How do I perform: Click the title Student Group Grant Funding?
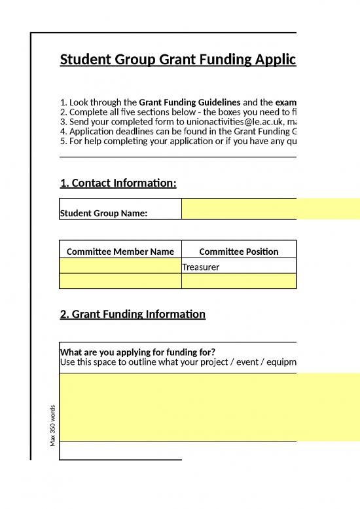pyautogui.click(x=177, y=60)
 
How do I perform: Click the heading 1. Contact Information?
pyautogui.click(x=118, y=183)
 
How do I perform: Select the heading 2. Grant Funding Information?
pyautogui.click(x=132, y=314)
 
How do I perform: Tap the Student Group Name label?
pyautogui.click(x=103, y=213)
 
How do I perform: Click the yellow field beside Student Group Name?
pyautogui.click(x=270, y=209)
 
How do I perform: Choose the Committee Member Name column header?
pyautogui.click(x=120, y=252)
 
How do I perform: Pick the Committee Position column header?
pyautogui.click(x=238, y=252)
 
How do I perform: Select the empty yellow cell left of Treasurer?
pyautogui.click(x=120, y=266)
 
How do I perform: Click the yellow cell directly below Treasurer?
pyautogui.click(x=238, y=281)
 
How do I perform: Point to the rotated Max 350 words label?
pyautogui.click(x=52, y=426)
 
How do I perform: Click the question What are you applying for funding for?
pyautogui.click(x=137, y=352)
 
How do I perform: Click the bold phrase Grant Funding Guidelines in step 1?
pyautogui.click(x=190, y=102)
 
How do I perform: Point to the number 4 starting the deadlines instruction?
pyautogui.click(x=62, y=131)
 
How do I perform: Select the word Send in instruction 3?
pyautogui.click(x=79, y=122)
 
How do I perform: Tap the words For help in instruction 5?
pyautogui.click(x=83, y=141)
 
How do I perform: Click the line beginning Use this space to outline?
pyautogui.click(x=177, y=362)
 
